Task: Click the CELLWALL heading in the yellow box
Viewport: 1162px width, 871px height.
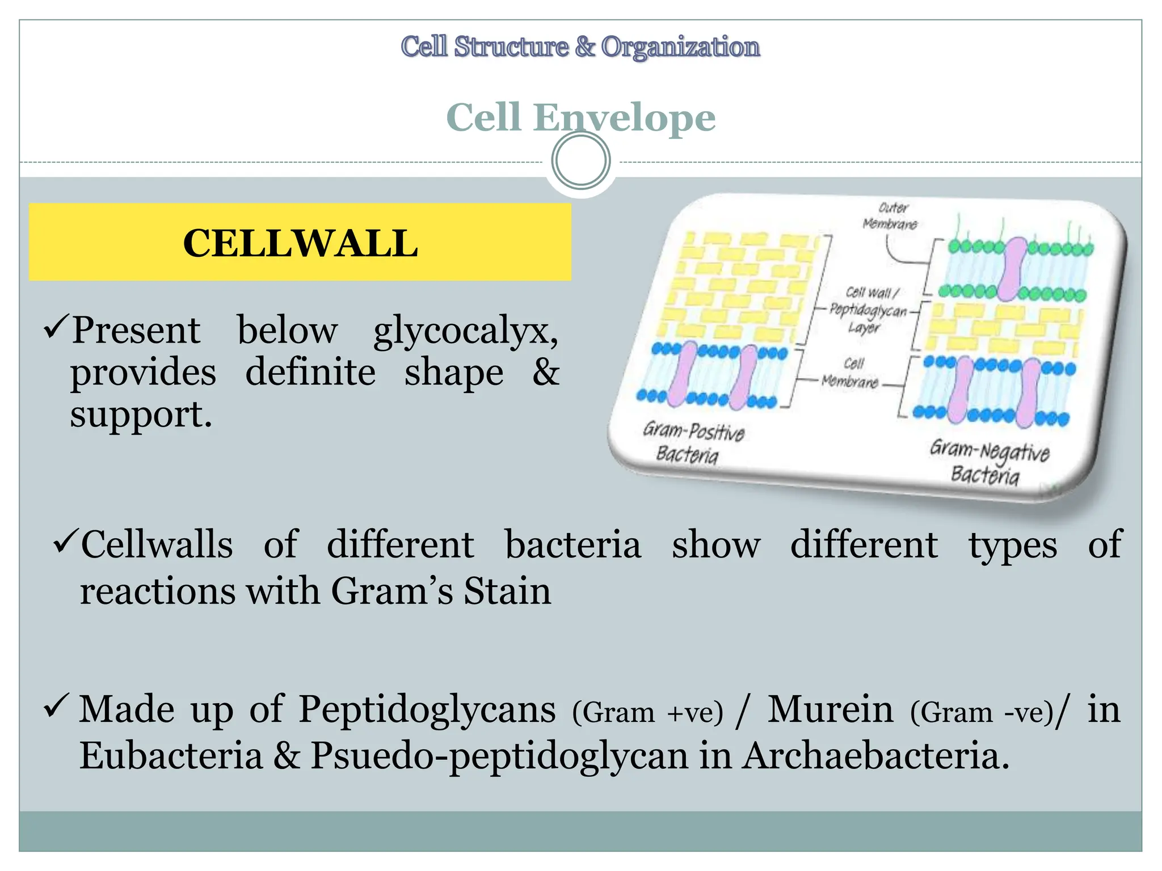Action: coord(300,243)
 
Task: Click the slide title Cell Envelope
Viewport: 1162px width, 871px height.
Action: coord(580,117)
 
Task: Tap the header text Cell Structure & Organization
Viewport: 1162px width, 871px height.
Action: coord(580,46)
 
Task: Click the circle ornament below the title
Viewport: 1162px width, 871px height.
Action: coord(580,160)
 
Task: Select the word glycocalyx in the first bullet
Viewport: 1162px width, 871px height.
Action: coord(465,331)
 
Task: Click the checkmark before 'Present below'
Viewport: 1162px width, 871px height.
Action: coord(56,327)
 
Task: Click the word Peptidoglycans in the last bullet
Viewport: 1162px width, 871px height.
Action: coord(427,709)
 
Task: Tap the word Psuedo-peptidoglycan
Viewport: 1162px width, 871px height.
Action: coord(499,757)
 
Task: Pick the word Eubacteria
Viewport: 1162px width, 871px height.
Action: coord(171,756)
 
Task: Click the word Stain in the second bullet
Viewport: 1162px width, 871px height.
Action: coord(507,591)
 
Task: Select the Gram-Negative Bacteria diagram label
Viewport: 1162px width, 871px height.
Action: coord(988,463)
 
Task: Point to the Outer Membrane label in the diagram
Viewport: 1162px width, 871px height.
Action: coord(890,216)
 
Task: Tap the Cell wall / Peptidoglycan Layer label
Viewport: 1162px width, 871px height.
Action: coord(868,310)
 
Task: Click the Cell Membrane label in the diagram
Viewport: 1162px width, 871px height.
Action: coord(851,373)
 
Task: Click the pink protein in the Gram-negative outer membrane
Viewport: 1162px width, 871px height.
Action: coord(1011,269)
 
